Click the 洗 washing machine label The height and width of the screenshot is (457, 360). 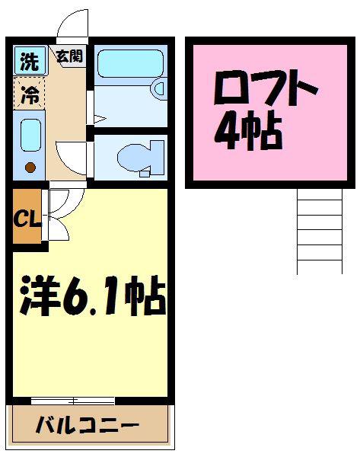29,61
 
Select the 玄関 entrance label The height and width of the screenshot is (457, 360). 70,56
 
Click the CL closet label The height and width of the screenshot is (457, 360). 27,219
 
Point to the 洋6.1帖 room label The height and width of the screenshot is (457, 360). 93,296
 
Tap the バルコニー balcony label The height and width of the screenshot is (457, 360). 88,425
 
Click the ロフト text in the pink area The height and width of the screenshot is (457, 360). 266,88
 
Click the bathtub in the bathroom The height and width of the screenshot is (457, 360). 130,63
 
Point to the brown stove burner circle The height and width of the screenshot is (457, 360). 30,168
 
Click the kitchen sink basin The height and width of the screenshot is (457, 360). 30,135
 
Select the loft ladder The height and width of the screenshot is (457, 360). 320,231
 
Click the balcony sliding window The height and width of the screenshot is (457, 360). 73,401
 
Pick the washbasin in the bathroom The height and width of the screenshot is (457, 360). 159,89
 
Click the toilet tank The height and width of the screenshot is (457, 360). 158,158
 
